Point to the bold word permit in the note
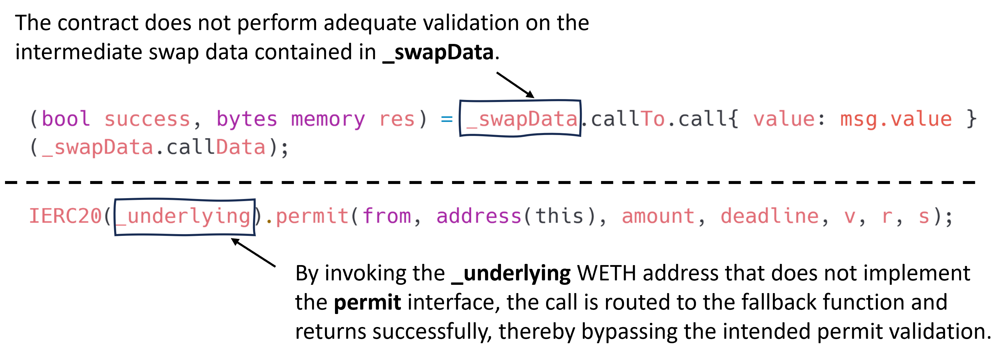367,303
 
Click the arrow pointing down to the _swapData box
515,85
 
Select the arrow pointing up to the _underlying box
253,252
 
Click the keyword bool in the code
66,119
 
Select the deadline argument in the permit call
769,216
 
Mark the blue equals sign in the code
447,119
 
